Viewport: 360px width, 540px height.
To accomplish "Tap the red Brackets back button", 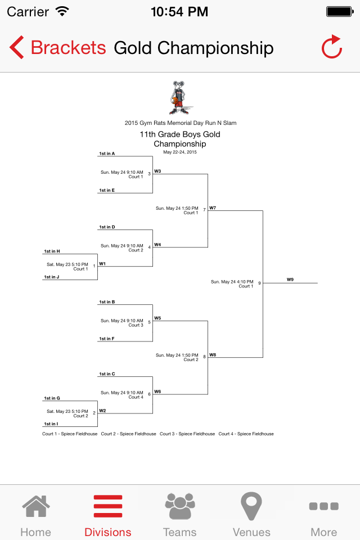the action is click(x=57, y=47).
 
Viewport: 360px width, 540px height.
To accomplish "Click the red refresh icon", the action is click(x=332, y=47).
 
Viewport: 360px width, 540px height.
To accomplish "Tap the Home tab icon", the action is click(x=36, y=506).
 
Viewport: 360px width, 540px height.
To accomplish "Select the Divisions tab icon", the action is click(x=108, y=506).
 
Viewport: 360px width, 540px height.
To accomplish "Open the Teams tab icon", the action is click(x=180, y=506).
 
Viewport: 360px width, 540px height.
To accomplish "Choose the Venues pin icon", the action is click(x=251, y=506).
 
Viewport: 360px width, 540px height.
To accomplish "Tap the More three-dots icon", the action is click(x=324, y=506).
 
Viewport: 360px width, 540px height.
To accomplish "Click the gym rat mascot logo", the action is click(x=179, y=98).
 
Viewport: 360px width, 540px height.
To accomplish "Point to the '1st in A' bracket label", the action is click(x=107, y=154).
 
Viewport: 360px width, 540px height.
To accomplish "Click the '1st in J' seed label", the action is click(x=52, y=277).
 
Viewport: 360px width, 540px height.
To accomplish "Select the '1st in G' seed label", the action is click(x=52, y=398).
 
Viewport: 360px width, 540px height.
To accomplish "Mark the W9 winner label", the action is click(x=290, y=280).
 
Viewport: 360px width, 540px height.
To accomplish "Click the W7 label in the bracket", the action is click(x=213, y=208).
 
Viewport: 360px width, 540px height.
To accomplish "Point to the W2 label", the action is click(x=102, y=411).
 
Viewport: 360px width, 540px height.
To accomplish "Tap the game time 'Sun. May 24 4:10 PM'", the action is click(x=232, y=282).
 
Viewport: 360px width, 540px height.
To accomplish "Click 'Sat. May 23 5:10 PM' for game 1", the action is click(x=67, y=264).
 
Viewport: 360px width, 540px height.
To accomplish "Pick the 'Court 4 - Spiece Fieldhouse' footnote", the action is click(x=246, y=434).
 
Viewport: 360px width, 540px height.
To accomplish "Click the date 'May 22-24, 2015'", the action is click(x=180, y=152).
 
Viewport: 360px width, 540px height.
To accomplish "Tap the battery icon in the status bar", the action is click(x=340, y=12).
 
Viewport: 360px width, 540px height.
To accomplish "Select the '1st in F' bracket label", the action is click(x=107, y=339).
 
